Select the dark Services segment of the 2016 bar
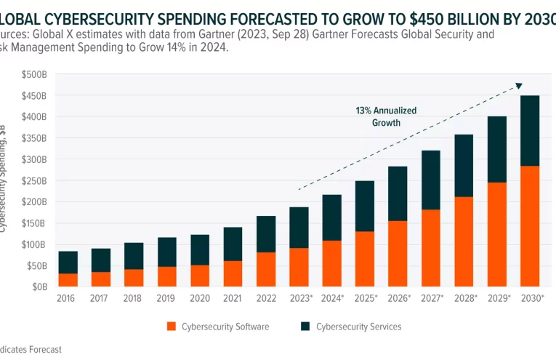(68, 263)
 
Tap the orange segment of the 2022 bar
(266, 269)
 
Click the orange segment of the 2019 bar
(167, 276)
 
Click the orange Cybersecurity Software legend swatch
(172, 327)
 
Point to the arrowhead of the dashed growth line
(519, 85)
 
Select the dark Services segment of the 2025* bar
(366, 207)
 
